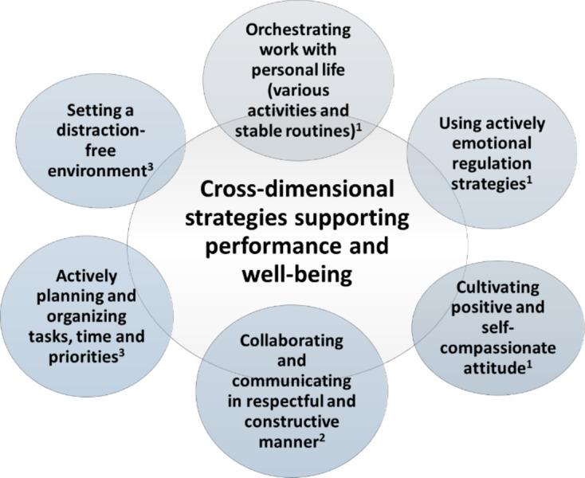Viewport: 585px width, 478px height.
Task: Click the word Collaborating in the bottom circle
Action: (x=292, y=340)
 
